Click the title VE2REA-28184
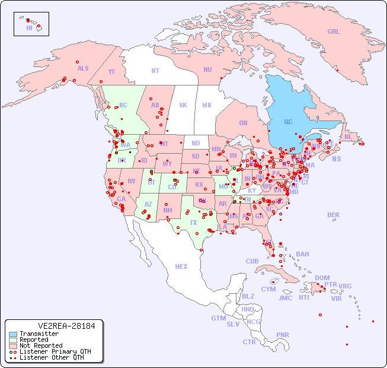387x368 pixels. pyautogui.click(x=54, y=326)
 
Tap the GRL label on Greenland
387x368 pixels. pyautogui.click(x=334, y=32)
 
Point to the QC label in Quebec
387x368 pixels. pyautogui.click(x=288, y=122)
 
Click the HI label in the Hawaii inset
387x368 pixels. pyautogui.click(x=29, y=28)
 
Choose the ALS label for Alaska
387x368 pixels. pyautogui.click(x=83, y=68)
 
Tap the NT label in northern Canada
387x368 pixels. pyautogui.click(x=155, y=70)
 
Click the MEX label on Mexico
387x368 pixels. pyautogui.click(x=181, y=267)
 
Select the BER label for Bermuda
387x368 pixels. pyautogui.click(x=334, y=215)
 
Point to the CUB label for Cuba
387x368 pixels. pyautogui.click(x=252, y=261)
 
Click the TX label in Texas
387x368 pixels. pyautogui.click(x=193, y=223)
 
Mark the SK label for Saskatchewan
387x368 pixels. pyautogui.click(x=183, y=105)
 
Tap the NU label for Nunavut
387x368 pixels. pyautogui.click(x=207, y=69)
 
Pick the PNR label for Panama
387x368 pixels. pyautogui.click(x=283, y=335)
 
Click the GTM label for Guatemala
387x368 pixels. pyautogui.click(x=218, y=318)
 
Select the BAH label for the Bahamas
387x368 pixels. pyautogui.click(x=302, y=254)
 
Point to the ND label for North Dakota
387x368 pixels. pyautogui.click(x=196, y=143)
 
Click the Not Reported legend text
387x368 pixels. pyautogui.click(x=41, y=345)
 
